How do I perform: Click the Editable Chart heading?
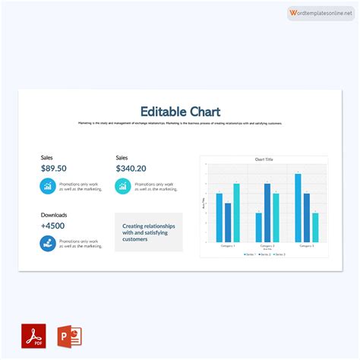tap(180, 112)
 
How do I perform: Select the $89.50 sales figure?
tap(53, 169)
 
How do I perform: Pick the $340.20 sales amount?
tap(131, 169)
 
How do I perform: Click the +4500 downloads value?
tap(52, 226)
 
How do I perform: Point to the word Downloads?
tap(54, 215)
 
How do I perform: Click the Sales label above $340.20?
tap(122, 158)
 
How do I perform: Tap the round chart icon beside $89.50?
tap(47, 186)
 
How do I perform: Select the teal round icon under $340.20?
tap(122, 186)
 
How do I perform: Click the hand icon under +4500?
tap(47, 243)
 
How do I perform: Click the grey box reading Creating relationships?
tap(149, 232)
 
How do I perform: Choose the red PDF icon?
tap(33, 336)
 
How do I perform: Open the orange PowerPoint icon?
tap(70, 336)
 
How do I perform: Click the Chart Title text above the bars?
tap(264, 159)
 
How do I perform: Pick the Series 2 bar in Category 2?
tap(267, 213)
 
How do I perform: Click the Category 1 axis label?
tap(228, 246)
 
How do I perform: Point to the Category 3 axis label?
tap(307, 246)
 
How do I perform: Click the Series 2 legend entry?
tap(264, 254)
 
